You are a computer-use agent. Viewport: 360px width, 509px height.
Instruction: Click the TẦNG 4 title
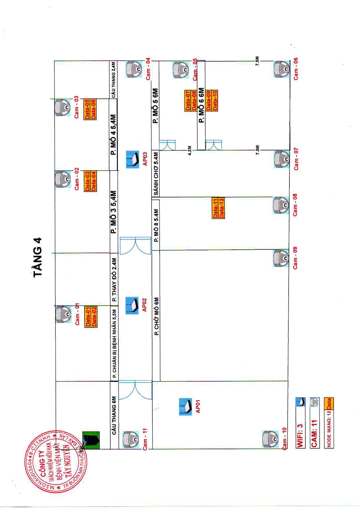pos(38,257)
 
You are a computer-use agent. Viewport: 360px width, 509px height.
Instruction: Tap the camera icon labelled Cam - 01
pos(63,314)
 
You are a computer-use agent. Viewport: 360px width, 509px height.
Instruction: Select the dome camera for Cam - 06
pos(281,69)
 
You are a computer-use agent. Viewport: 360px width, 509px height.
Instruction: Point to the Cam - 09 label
pos(295,258)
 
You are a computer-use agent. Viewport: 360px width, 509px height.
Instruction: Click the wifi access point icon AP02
pos(132,305)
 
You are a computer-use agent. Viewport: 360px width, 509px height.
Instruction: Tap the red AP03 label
pos(145,159)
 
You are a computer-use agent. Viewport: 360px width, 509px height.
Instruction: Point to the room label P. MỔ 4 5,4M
pos(114,135)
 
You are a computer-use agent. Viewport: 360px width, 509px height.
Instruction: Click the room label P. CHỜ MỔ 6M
pos(156,316)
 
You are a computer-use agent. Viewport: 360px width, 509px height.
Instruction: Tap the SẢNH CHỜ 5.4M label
pos(156,173)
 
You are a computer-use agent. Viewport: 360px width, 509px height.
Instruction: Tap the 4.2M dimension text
pos(190,151)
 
